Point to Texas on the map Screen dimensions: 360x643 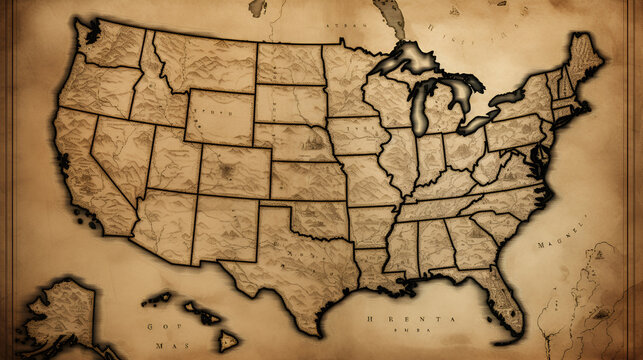pos(290,265)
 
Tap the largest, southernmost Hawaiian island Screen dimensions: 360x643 pos(228,340)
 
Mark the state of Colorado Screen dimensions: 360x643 pos(235,170)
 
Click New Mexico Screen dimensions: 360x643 pos(225,228)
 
